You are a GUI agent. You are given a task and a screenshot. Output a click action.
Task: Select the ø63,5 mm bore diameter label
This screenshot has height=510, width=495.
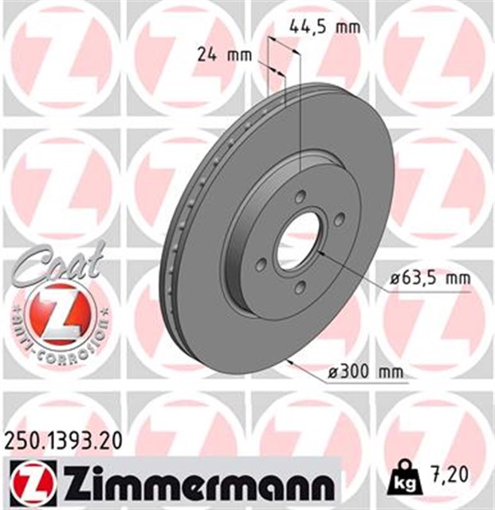(425, 278)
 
